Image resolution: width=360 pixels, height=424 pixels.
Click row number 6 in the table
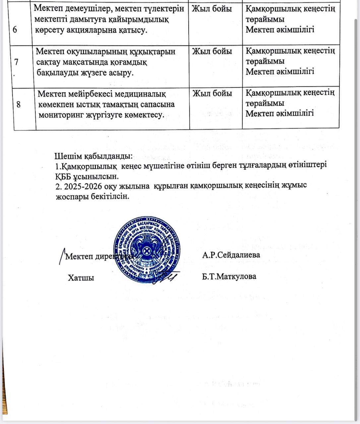[x=15, y=30]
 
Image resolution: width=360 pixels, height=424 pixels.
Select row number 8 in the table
[x=19, y=104]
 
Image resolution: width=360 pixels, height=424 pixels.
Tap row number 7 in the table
[x=17, y=62]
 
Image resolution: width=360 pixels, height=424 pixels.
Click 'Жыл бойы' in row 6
[x=212, y=9]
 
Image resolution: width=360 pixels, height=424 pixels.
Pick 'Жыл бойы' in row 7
[x=212, y=51]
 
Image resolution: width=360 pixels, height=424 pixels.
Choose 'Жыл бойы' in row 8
[x=212, y=93]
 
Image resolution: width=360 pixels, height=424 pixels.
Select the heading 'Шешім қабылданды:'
[x=93, y=156]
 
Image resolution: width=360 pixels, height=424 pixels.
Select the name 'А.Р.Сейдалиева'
[x=231, y=255]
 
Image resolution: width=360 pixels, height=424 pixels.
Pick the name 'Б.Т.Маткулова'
[x=229, y=276]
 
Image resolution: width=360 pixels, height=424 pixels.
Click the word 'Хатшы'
[x=81, y=278]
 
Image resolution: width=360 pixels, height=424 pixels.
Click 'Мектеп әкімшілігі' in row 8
[x=280, y=113]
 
